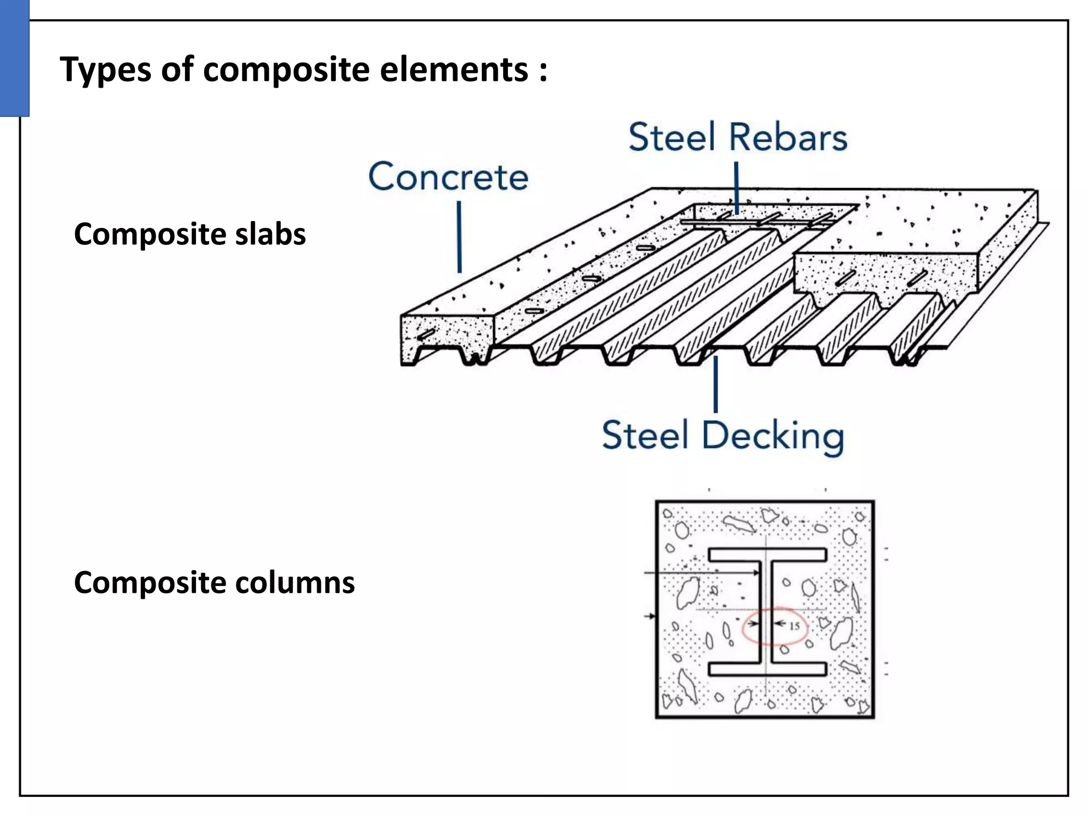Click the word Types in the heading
coord(105,70)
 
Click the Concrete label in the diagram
coord(448,177)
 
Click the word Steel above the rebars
coord(672,138)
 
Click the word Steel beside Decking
coord(645,436)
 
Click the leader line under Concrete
coord(459,237)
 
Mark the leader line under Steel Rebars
coord(736,187)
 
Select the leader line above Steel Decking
coord(716,384)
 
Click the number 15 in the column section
coord(794,626)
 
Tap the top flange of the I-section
coord(767,555)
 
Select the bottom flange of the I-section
coord(767,669)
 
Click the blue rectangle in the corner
coord(14,57)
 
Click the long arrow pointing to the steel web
coord(701,573)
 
